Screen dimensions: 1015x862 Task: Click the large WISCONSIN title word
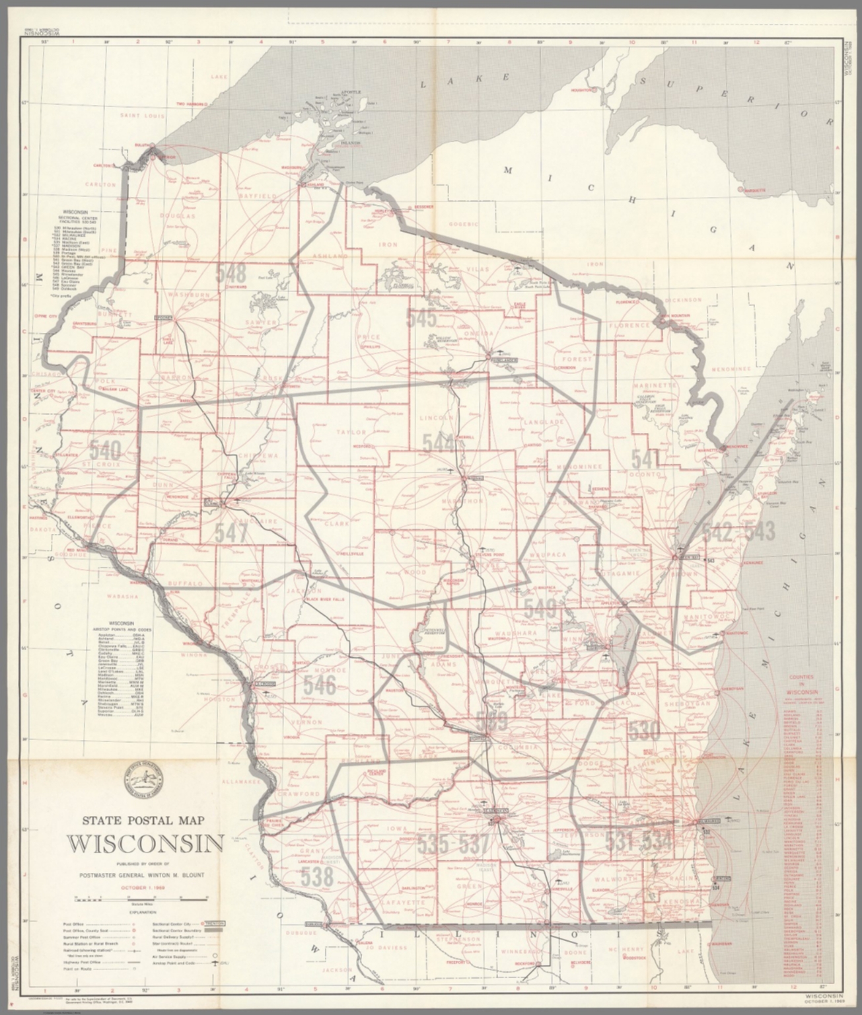(145, 845)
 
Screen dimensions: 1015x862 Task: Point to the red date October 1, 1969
(145, 887)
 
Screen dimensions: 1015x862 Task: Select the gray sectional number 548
(231, 272)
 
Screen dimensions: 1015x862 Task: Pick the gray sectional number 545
(421, 319)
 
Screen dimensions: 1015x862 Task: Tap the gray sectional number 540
(106, 451)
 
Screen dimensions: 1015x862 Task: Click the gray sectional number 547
(230, 532)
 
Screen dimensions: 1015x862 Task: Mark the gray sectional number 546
(320, 685)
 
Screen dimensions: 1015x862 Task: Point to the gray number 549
(540, 608)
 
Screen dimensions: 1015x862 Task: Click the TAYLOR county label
(351, 432)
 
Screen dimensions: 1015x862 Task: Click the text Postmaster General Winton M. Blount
(145, 875)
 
